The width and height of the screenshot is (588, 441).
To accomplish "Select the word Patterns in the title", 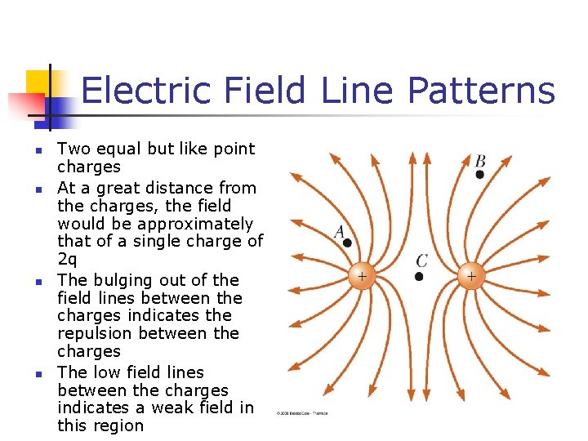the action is click(482, 90).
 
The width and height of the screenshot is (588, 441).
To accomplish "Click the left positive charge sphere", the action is click(362, 276).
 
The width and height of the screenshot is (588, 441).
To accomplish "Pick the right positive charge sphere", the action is click(471, 276).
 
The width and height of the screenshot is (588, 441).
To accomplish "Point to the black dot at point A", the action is click(347, 243).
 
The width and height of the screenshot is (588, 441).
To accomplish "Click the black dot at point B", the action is click(479, 174).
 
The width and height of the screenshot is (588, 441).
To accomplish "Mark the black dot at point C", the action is click(419, 276).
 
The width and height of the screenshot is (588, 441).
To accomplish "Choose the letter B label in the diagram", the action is click(480, 161).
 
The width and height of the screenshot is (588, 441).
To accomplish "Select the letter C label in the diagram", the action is click(421, 261).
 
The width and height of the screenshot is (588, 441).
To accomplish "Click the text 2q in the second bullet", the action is click(69, 259).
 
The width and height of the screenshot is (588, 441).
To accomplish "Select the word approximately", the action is click(195, 224).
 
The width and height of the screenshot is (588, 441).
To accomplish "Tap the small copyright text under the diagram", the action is click(301, 413).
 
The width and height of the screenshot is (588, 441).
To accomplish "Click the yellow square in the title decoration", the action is click(38, 82).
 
